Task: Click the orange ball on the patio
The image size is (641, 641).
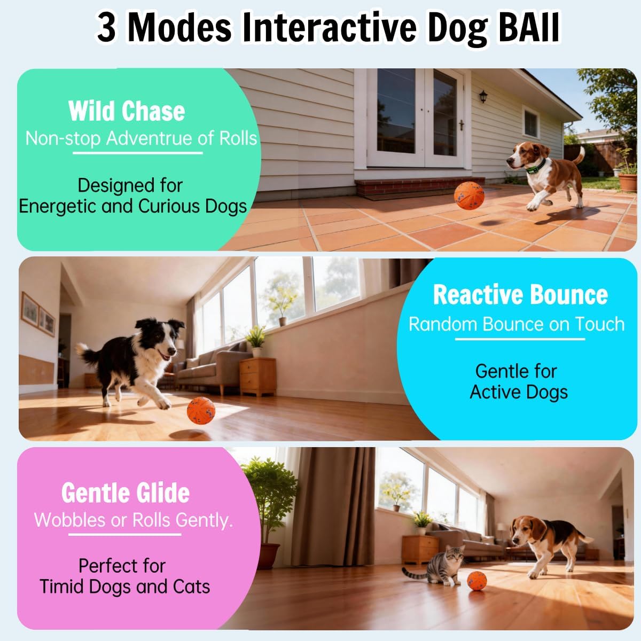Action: (469, 196)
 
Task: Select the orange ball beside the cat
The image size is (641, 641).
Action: (476, 580)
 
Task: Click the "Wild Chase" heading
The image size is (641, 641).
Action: (127, 111)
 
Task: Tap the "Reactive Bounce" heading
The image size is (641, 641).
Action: (520, 295)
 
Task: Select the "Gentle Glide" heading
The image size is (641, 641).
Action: (126, 493)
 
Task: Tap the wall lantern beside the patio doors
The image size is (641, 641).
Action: (483, 97)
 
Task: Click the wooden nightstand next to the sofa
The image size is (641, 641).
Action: (258, 376)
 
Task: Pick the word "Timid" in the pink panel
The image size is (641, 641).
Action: (62, 587)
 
